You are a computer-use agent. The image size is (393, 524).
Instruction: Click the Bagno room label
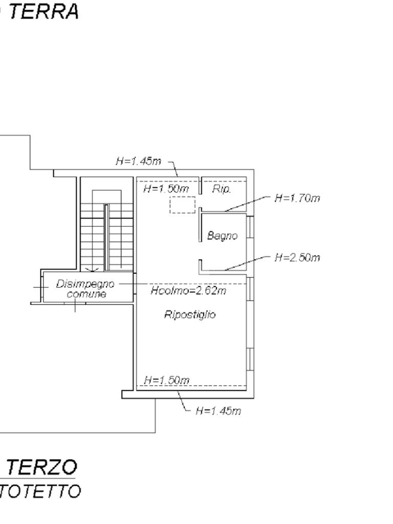tap(223, 236)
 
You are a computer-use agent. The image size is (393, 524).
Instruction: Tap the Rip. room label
tap(222, 189)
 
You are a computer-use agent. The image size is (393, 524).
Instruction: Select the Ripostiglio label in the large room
tap(190, 314)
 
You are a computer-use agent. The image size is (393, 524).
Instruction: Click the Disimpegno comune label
tap(85, 289)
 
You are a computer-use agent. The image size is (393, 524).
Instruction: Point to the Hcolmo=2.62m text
tap(188, 291)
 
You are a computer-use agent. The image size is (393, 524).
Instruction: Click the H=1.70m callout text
tap(297, 198)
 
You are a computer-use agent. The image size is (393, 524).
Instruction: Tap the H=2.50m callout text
tap(297, 257)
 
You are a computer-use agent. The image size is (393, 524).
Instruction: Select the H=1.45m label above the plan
tap(138, 161)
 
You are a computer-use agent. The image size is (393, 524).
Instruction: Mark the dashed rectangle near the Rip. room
tap(182, 205)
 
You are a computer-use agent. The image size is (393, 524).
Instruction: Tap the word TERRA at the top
tap(43, 11)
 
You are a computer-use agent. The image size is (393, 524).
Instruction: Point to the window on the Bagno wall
tap(250, 227)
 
